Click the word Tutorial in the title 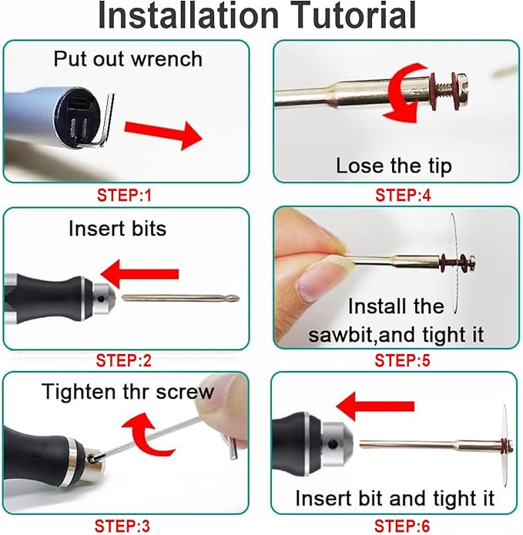pyautogui.click(x=354, y=15)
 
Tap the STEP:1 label pyautogui.click(x=124, y=196)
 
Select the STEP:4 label pyautogui.click(x=403, y=196)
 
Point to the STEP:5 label pyautogui.click(x=403, y=360)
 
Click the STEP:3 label pyautogui.click(x=122, y=526)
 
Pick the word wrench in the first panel pyautogui.click(x=166, y=59)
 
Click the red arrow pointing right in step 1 pyautogui.click(x=163, y=135)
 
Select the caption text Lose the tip pyautogui.click(x=394, y=166)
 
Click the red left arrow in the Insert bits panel pyautogui.click(x=139, y=274)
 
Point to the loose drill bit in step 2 pyautogui.click(x=181, y=298)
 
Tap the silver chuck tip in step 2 pyautogui.click(x=103, y=299)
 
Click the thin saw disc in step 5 pyautogui.click(x=454, y=262)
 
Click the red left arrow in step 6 pyautogui.click(x=375, y=406)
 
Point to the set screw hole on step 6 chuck pyautogui.click(x=333, y=444)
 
